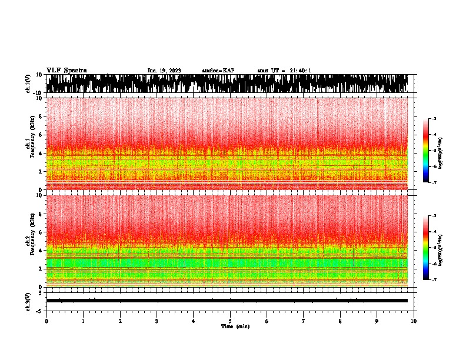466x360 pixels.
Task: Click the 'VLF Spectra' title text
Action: click(66, 71)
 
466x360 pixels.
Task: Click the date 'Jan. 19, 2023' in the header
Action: click(164, 71)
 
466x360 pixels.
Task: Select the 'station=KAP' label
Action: click(218, 71)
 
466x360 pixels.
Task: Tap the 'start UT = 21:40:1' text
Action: click(284, 71)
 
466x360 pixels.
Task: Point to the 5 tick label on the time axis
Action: click(230, 321)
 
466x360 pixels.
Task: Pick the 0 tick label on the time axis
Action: click(46, 321)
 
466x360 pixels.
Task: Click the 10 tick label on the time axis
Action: click(414, 321)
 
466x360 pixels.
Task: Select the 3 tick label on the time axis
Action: click(157, 321)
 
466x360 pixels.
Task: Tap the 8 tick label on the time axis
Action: click(340, 321)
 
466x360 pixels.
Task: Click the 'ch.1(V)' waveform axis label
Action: click(28, 84)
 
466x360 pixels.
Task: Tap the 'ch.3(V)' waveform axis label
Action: click(28, 301)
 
